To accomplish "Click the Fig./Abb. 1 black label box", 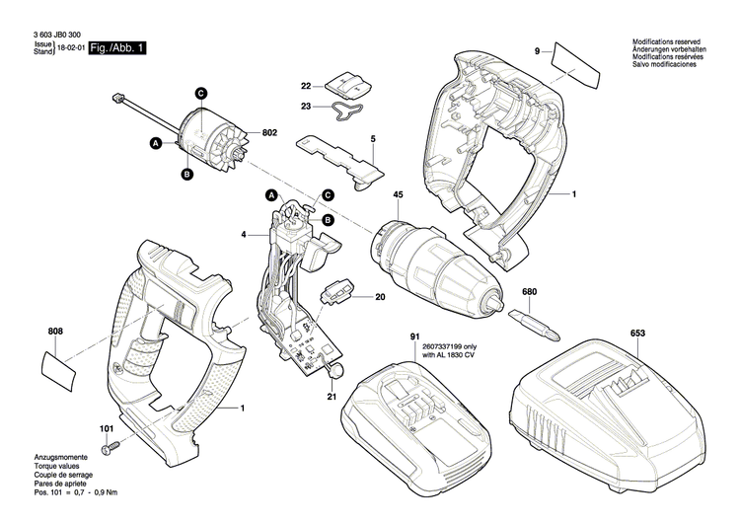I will click(x=116, y=47).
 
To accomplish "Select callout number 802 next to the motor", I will click(x=269, y=132).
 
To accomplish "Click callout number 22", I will click(x=306, y=87).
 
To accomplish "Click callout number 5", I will click(x=374, y=140).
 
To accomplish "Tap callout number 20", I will click(x=380, y=295).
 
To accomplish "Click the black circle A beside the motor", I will click(x=155, y=144).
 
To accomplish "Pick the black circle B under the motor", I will click(x=185, y=175).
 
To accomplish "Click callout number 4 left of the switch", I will click(x=243, y=235).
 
